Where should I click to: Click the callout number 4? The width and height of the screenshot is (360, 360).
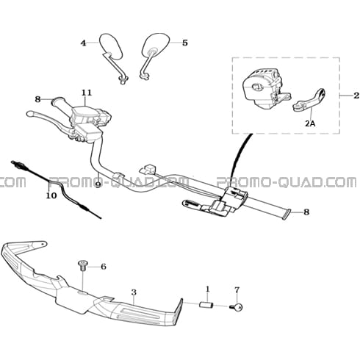click(x=84, y=43)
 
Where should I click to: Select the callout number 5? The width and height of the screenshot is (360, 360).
click(x=185, y=43)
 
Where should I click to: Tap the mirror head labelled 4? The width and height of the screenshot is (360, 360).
click(x=110, y=46)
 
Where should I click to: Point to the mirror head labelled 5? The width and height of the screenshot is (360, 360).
click(x=156, y=44)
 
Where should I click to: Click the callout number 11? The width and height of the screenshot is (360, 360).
click(x=87, y=93)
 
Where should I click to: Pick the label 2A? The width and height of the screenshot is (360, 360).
click(x=310, y=123)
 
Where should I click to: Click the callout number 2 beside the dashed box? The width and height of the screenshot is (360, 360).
click(x=356, y=96)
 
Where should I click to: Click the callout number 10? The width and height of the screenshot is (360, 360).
click(x=51, y=195)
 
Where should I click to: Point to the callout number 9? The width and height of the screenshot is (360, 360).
click(x=98, y=184)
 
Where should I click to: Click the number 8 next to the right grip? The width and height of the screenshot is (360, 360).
click(x=306, y=212)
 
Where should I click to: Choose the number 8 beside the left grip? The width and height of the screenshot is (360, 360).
click(x=37, y=99)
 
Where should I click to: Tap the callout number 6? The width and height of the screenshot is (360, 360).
click(x=104, y=267)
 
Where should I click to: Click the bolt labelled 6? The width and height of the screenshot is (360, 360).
click(x=82, y=266)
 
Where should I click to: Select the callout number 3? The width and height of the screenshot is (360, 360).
click(x=134, y=292)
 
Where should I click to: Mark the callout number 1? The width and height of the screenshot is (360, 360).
click(x=208, y=289)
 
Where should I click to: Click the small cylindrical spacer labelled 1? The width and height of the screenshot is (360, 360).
click(x=206, y=306)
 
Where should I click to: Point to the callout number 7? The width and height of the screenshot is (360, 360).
click(x=237, y=290)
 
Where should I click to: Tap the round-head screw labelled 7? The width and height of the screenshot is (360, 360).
click(x=237, y=307)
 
